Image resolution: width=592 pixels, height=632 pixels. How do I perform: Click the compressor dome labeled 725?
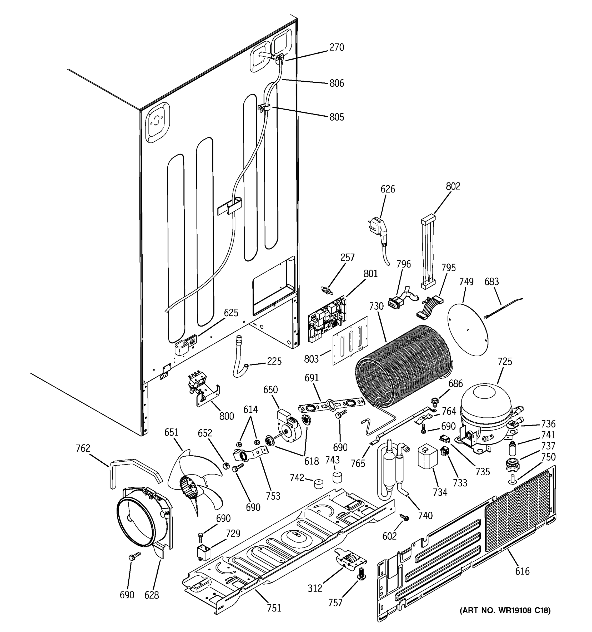485,402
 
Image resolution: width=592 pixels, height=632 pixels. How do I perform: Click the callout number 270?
337,47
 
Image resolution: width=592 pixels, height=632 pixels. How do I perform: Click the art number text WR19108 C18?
505,610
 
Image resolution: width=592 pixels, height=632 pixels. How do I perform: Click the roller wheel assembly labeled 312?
349,562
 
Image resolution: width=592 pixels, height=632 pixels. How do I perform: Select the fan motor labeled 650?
287,424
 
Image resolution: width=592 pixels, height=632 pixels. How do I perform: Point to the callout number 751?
274,608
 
